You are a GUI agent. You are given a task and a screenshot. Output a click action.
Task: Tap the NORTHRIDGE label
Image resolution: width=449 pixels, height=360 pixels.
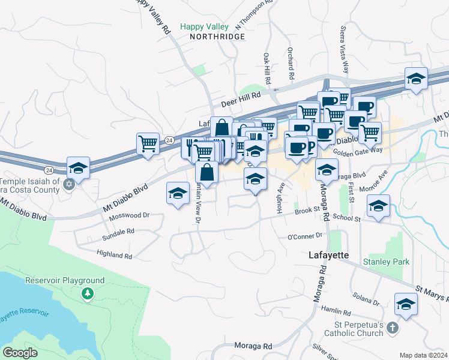click(217, 37)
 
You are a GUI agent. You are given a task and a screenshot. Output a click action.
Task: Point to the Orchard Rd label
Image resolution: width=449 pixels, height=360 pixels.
click(291, 64)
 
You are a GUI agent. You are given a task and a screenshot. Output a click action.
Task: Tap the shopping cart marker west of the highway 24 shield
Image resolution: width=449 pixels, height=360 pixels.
click(148, 144)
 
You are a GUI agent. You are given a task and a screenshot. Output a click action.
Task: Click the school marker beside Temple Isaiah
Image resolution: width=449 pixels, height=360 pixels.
click(78, 169)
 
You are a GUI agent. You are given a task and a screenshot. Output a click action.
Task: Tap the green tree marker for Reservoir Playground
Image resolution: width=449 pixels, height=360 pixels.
click(88, 293)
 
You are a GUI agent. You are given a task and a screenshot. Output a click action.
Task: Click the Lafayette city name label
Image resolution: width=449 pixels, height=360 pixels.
click(328, 255)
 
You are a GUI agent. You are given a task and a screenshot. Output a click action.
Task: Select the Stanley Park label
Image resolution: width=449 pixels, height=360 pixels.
click(386, 262)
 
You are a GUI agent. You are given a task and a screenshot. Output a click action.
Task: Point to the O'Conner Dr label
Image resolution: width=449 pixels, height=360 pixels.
click(305, 236)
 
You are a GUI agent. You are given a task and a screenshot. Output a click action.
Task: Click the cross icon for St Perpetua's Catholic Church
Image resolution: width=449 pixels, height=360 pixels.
click(392, 328)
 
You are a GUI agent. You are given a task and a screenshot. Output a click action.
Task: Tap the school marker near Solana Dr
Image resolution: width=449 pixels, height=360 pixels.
click(406, 304)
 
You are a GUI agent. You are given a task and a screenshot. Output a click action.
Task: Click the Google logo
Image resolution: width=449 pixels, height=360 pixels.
click(20, 353)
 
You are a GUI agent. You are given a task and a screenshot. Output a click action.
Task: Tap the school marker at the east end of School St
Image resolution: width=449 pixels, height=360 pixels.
click(378, 206)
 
